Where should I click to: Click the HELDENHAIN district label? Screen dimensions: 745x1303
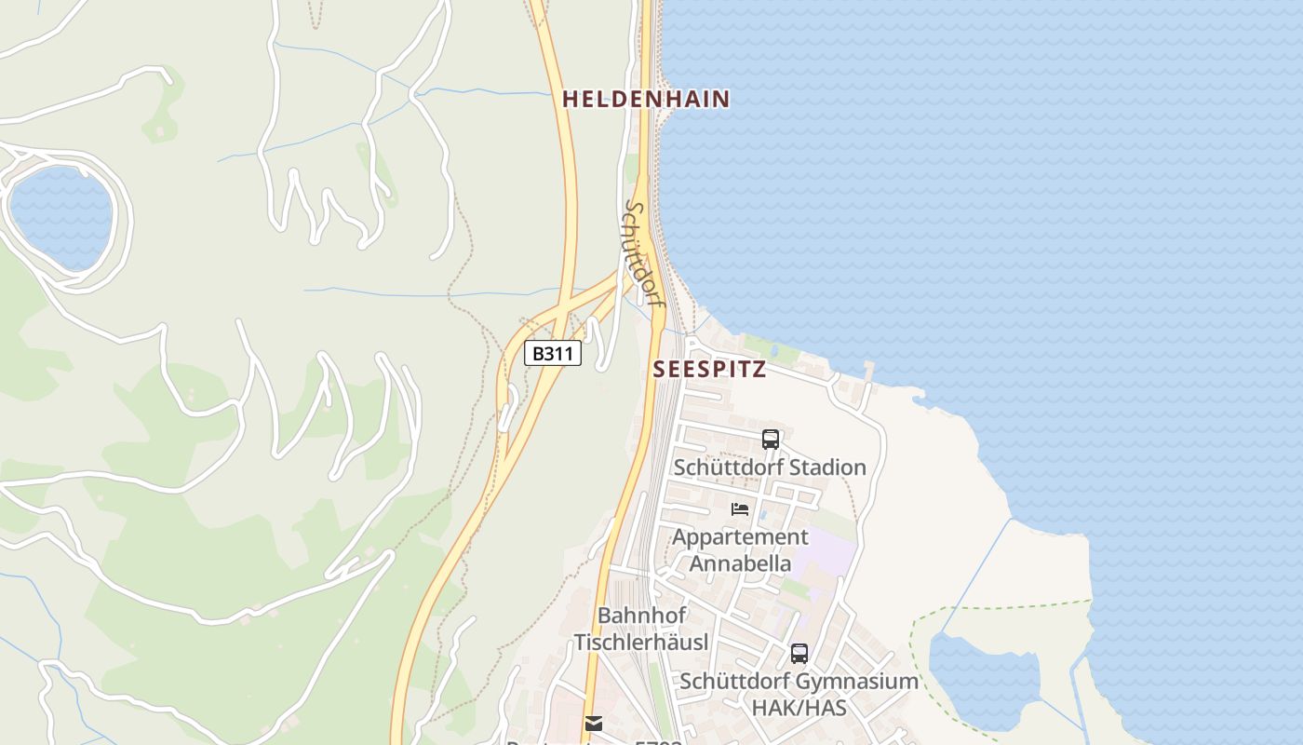point(646,99)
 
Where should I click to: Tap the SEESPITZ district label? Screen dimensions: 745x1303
point(709,369)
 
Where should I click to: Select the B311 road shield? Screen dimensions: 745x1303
point(553,354)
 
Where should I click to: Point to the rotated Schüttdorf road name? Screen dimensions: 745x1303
point(643,253)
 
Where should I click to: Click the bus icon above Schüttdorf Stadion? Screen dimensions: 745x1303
point(770,440)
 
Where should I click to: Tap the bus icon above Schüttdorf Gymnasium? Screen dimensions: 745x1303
point(799,654)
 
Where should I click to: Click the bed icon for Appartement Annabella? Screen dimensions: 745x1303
point(740,508)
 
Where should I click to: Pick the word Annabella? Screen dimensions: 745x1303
point(740,563)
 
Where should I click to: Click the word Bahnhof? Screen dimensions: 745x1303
point(641,616)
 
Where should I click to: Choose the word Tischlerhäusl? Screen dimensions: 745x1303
point(641,642)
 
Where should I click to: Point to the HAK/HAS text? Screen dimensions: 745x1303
point(799,708)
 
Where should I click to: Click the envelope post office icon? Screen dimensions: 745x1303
point(594,724)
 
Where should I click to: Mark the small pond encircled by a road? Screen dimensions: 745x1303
point(61,218)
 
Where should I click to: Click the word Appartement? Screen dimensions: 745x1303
point(740,537)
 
